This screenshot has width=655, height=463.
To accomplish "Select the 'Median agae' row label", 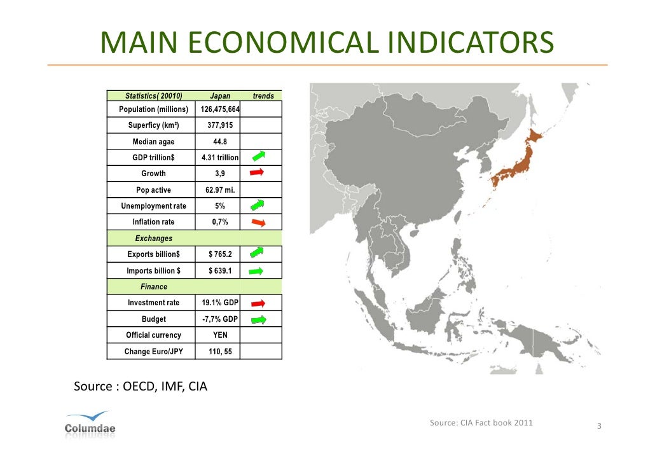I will coord(153,142).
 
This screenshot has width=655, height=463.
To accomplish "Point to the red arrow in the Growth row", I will coord(257,172).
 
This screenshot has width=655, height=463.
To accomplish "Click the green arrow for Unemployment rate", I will coord(257,205).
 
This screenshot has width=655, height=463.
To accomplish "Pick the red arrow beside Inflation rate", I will coord(257,222).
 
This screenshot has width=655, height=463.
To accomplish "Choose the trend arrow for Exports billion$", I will coord(257,253).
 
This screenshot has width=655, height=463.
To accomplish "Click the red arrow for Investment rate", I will coord(257,303).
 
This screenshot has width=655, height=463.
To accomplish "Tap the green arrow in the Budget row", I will coord(257,319).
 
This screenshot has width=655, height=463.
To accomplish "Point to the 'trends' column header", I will coord(263,96).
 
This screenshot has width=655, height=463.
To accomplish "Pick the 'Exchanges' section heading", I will coord(154,238).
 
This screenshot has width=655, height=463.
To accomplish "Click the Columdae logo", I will coord(90,423).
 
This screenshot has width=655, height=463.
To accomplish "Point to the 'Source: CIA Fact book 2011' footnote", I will coord(481,423).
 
